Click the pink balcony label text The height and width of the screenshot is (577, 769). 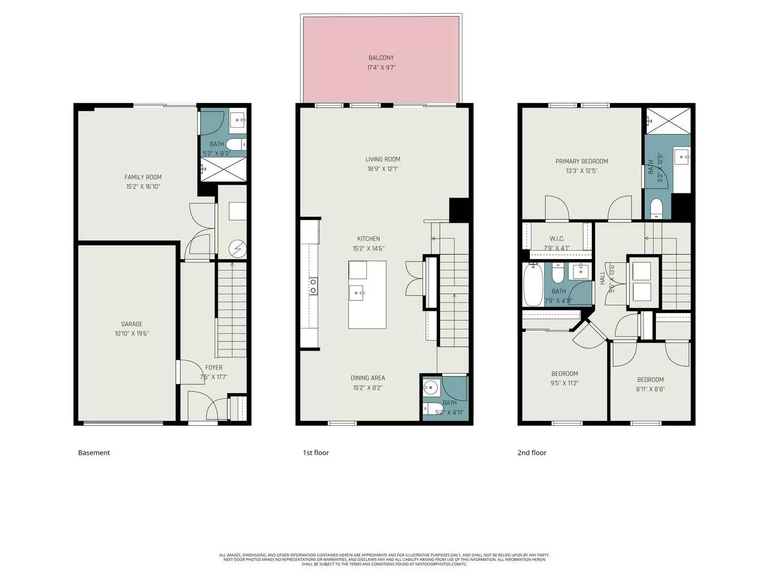coord(381,58)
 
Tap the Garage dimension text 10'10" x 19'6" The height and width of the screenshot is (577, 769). coord(131,334)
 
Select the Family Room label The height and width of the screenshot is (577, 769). coord(143,177)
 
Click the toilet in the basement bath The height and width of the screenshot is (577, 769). coord(235,144)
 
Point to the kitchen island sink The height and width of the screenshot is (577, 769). coord(357,293)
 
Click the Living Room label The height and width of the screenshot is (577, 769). coord(382,159)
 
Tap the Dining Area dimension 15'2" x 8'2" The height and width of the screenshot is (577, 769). coord(368,388)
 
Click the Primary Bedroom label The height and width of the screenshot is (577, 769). coord(582,161)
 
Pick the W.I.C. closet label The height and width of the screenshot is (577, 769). coord(556,239)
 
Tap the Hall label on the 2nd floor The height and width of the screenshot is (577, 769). coord(602,277)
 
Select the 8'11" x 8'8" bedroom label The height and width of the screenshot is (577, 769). coord(650,380)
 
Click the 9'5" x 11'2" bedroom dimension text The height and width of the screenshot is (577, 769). coord(564,383)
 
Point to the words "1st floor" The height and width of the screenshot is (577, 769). coord(316,453)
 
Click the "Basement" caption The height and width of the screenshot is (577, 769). coord(94,453)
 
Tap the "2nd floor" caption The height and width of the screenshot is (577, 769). coord(531,453)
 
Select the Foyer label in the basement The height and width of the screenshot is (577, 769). coord(214,368)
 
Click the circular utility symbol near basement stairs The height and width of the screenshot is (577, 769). coord(237,248)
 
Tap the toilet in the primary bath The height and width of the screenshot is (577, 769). coord(656,207)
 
